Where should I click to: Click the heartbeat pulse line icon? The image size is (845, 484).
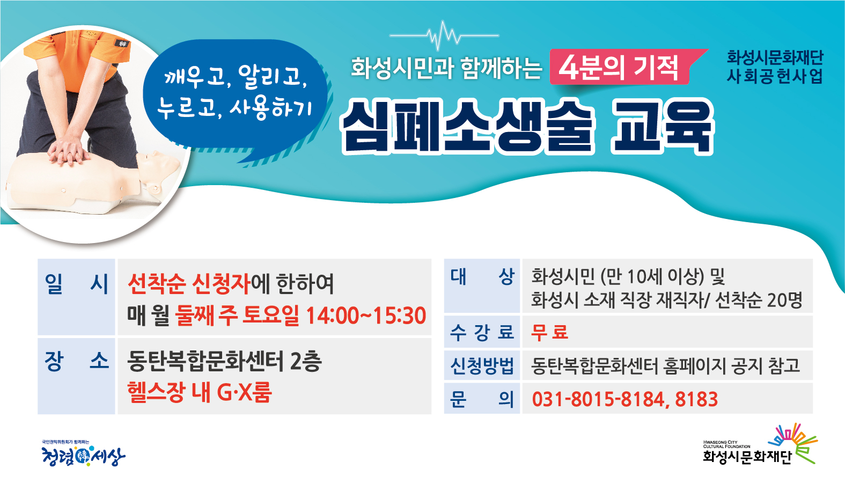pos(444,36)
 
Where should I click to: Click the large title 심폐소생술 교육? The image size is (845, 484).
pos(527,127)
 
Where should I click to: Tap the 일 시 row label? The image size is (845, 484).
pos(77,284)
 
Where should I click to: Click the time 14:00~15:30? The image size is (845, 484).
pos(366,316)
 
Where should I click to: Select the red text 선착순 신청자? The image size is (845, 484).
pos(189,284)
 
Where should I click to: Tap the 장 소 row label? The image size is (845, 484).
pos(77,362)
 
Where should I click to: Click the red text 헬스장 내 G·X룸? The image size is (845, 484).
pos(200,392)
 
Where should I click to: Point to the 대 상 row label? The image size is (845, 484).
pos(482,277)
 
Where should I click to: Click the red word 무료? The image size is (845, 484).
pos(549,332)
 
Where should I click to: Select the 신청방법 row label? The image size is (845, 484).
pos(482,365)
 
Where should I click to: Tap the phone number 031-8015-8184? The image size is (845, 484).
pos(598,399)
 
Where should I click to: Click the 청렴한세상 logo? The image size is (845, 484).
pos(83,454)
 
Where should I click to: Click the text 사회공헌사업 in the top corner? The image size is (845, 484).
pos(775,77)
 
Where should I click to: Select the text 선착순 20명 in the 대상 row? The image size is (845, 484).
pos(759,300)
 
